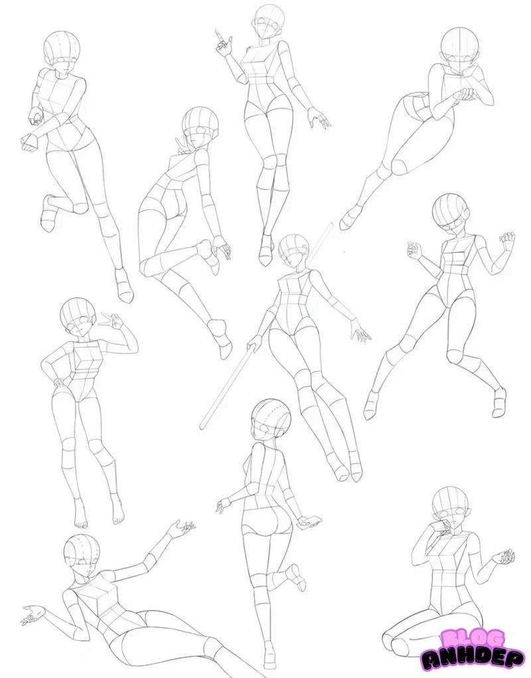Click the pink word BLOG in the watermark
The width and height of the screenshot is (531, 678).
coord(469,638)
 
